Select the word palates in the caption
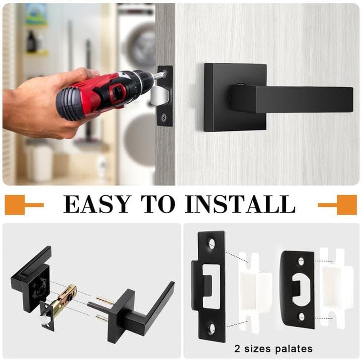pos(293,348)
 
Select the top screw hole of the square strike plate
pos(211,243)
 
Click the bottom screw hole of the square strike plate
pos(211,329)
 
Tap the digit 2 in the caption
pos(237,348)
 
